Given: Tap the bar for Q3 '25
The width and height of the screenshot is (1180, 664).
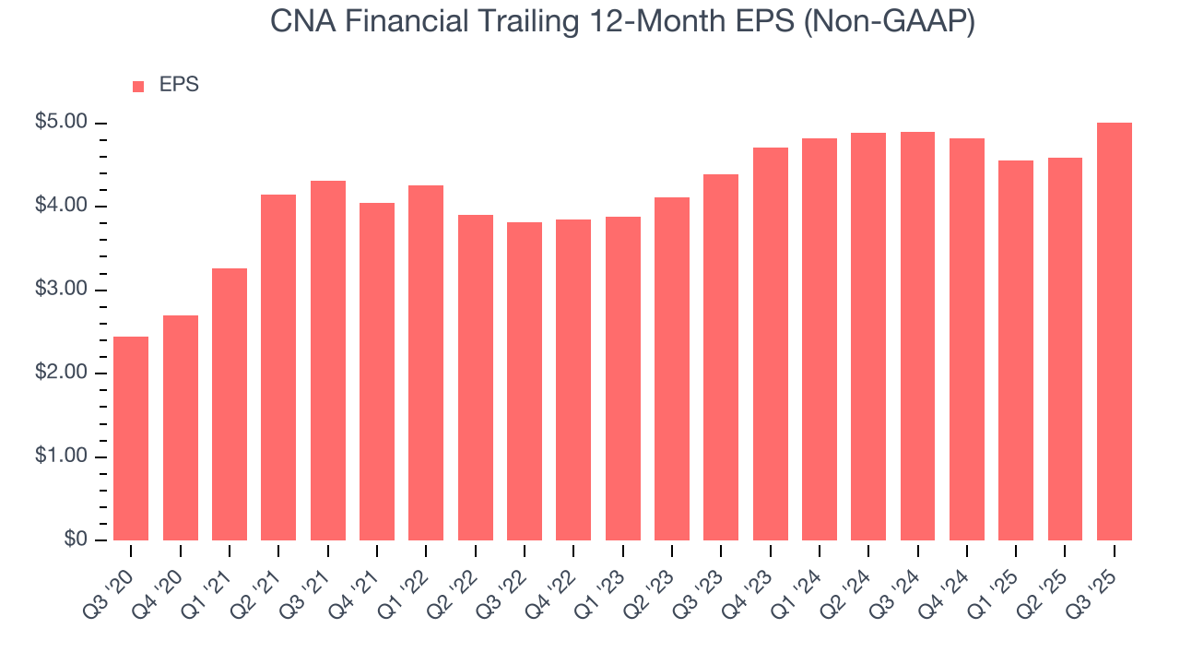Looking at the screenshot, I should [1115, 331].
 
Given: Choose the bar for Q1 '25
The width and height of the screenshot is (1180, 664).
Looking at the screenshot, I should [1016, 350].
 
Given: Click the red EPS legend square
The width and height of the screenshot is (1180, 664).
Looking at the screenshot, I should [138, 86].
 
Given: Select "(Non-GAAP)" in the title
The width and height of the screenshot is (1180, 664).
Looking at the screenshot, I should [890, 23].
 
